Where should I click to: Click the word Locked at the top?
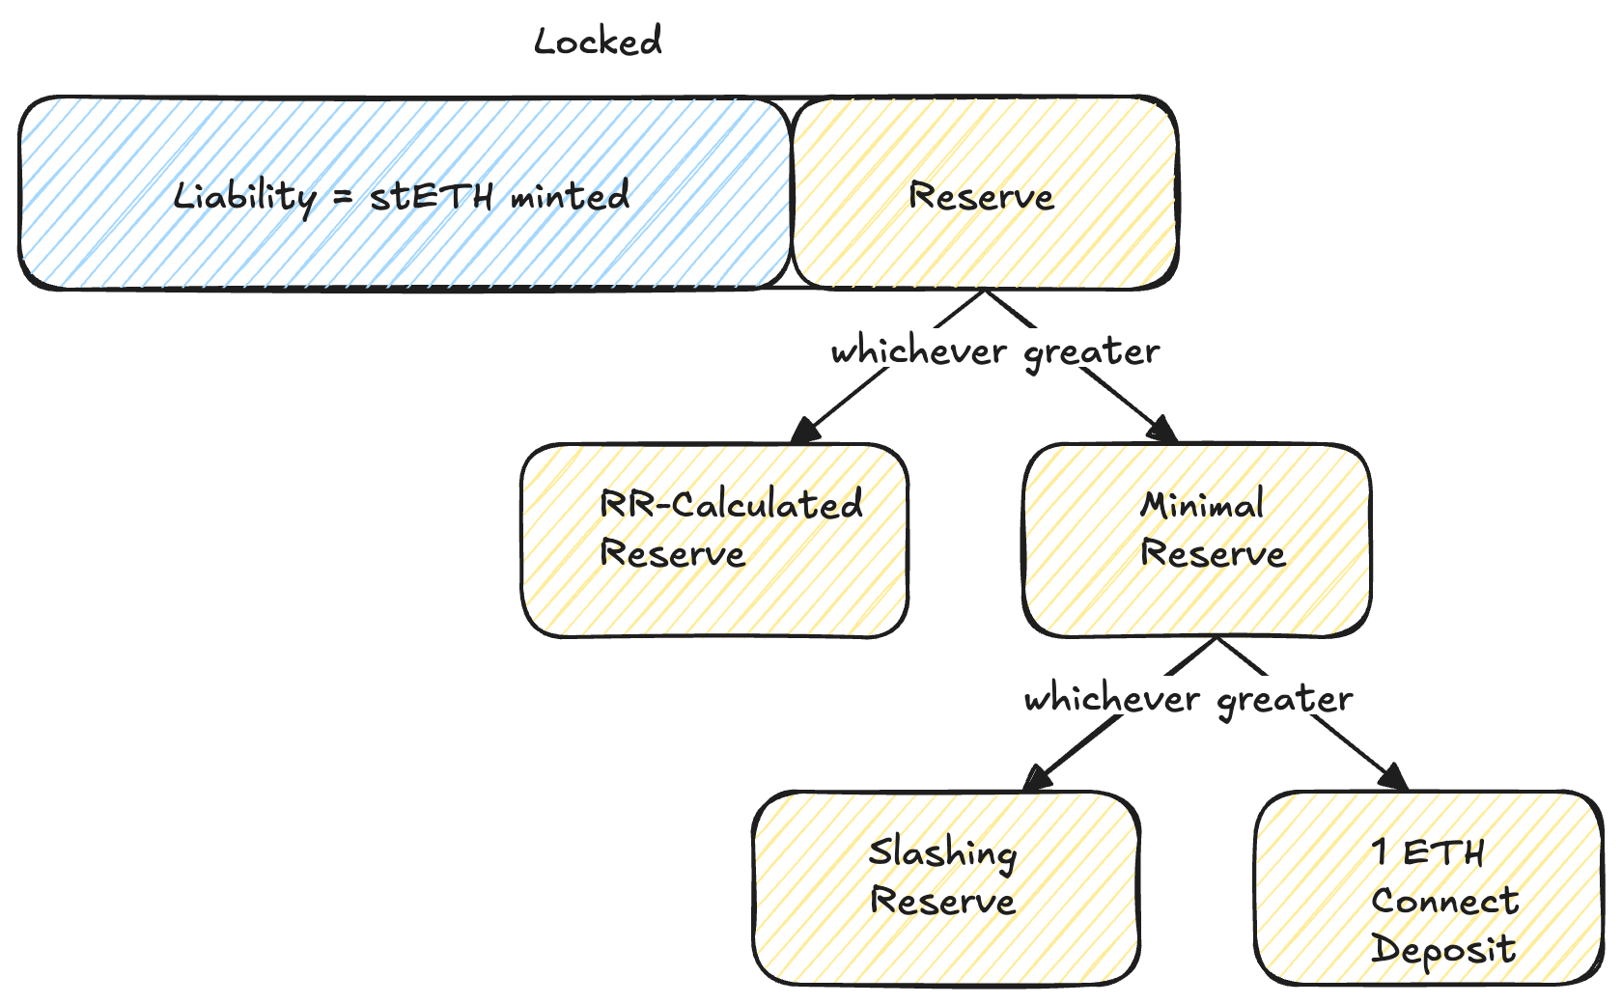[598, 42]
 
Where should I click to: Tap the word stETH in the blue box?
[432, 197]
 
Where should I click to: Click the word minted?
[570, 196]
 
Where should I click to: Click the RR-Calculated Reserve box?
[714, 599]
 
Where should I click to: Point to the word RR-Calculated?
[731, 504]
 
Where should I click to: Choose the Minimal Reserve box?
[1197, 599]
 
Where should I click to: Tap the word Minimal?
[1202, 505]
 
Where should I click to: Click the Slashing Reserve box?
[946, 946]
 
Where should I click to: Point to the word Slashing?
[942, 853]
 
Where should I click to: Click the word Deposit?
[1443, 949]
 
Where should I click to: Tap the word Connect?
[1444, 902]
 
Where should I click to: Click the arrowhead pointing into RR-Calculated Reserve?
[804, 431]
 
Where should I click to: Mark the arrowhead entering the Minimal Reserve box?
[1161, 431]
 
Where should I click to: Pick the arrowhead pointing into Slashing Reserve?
[1037, 778]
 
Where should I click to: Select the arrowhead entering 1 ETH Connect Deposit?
[1393, 777]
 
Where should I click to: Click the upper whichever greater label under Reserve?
[995, 351]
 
